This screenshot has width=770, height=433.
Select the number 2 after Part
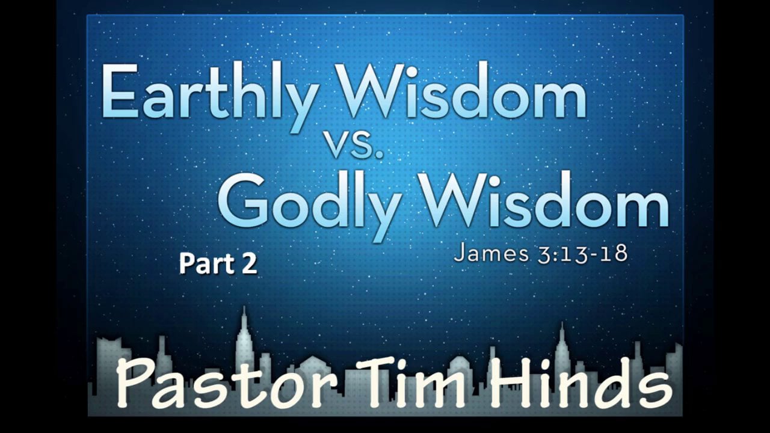(249, 264)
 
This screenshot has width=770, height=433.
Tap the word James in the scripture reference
(485, 253)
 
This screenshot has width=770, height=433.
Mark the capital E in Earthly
(120, 92)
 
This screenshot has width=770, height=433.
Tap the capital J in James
(460, 253)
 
